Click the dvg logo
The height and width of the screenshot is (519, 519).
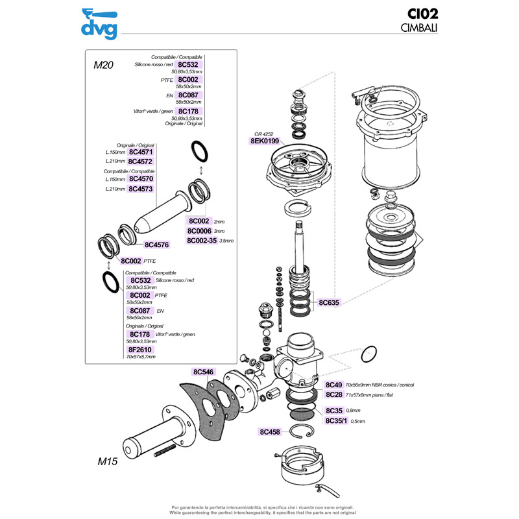99,23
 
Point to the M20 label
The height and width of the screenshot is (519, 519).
104,65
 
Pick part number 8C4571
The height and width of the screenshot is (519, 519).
140,152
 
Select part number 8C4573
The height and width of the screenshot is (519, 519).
140,189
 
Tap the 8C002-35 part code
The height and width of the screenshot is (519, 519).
202,240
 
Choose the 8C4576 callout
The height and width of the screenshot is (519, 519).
156,245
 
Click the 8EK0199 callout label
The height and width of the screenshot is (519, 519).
264,140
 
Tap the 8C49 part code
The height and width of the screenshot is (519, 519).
333,385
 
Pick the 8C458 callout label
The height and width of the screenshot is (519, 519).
270,431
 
